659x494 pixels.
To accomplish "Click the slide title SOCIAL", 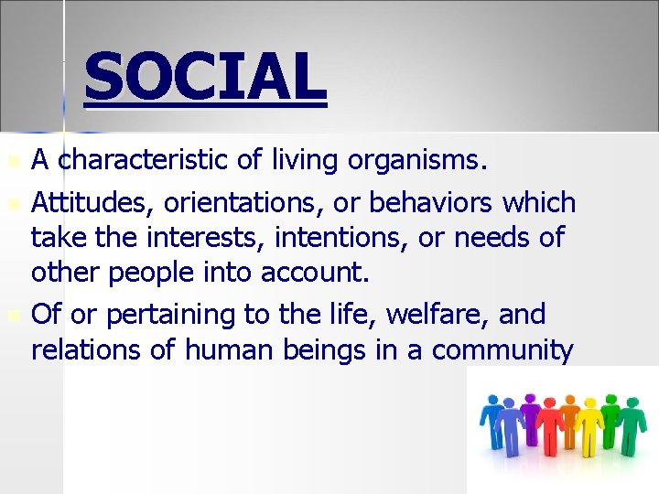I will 205,77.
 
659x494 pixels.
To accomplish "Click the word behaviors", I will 416,202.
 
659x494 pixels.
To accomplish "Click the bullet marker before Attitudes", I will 12,203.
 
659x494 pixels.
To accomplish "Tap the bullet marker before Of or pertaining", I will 12,315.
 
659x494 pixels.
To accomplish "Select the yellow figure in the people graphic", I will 588,425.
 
